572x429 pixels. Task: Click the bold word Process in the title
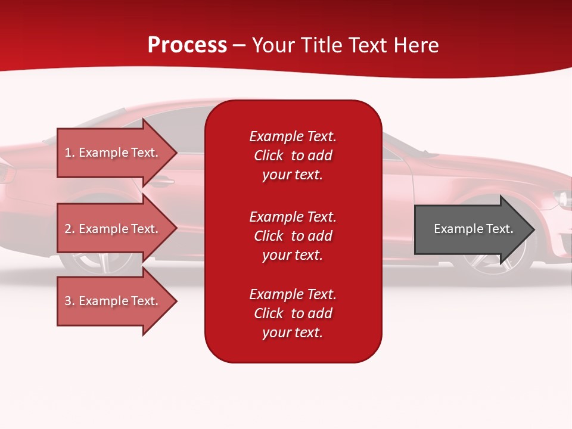coord(187,45)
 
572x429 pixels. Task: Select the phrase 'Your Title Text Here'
coord(346,45)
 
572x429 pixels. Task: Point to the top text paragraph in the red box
coord(293,156)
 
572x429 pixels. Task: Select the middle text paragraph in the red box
coord(293,236)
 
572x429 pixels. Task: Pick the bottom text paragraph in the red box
coord(293,313)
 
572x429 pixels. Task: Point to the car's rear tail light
coord(6,173)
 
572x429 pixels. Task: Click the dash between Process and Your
coord(240,46)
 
